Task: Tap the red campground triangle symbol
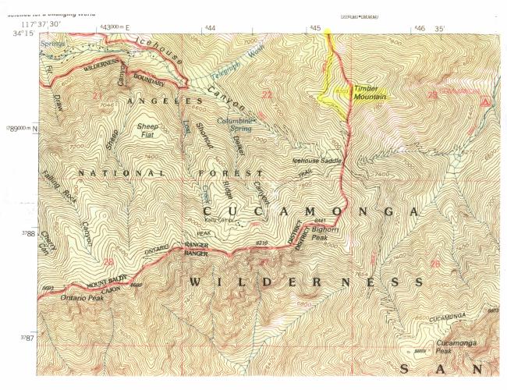click(x=486, y=101)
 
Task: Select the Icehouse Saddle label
click(x=317, y=161)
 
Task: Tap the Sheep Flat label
click(x=147, y=129)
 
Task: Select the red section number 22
click(x=267, y=95)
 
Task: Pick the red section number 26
click(x=434, y=264)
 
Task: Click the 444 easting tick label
click(x=209, y=28)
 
